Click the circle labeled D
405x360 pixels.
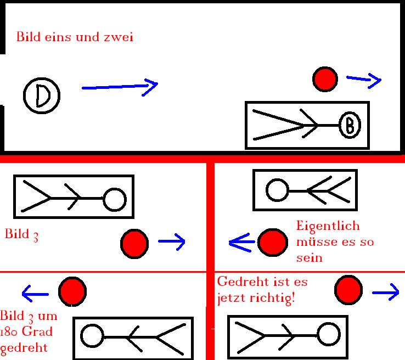click(42, 96)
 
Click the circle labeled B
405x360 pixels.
click(349, 126)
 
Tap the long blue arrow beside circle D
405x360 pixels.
click(119, 86)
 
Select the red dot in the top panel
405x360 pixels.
click(325, 79)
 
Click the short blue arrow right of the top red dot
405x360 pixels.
click(364, 80)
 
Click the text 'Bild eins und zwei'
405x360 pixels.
click(75, 37)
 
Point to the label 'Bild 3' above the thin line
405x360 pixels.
click(21, 234)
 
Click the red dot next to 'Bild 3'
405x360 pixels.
click(134, 243)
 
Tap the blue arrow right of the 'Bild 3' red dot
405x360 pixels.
click(172, 241)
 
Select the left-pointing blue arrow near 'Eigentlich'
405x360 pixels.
click(241, 241)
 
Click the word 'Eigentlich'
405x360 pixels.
click(328, 226)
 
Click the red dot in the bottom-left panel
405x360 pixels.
click(72, 291)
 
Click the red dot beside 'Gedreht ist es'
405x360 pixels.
click(348, 289)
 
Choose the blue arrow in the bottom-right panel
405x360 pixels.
click(385, 293)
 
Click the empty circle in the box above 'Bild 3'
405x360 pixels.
click(115, 199)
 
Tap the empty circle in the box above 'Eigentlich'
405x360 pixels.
click(277, 190)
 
